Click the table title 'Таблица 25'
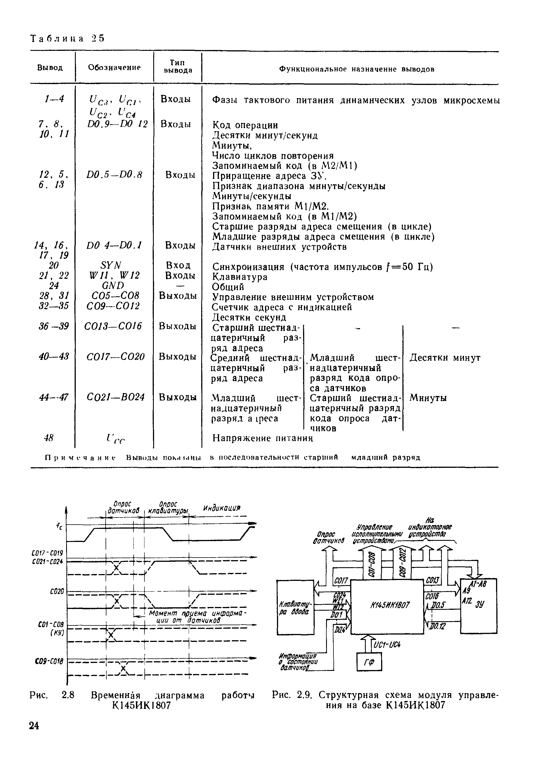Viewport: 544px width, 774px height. coord(67,38)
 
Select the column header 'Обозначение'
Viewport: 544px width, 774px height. coord(114,67)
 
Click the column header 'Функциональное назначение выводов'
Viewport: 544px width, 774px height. coord(357,69)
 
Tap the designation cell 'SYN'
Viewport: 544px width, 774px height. coord(111,265)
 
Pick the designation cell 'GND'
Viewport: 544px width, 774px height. coord(113,285)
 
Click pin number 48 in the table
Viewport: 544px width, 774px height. coord(49,438)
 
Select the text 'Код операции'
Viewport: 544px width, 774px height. coord(245,126)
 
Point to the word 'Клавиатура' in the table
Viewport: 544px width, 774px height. coord(240,277)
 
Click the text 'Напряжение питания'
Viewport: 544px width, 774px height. coord(263,438)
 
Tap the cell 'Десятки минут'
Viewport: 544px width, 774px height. coord(445,358)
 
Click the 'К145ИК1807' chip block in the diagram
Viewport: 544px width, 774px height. coord(387,605)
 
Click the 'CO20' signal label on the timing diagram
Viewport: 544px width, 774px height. coord(57,592)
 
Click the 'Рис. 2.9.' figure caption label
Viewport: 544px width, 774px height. coord(293,695)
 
